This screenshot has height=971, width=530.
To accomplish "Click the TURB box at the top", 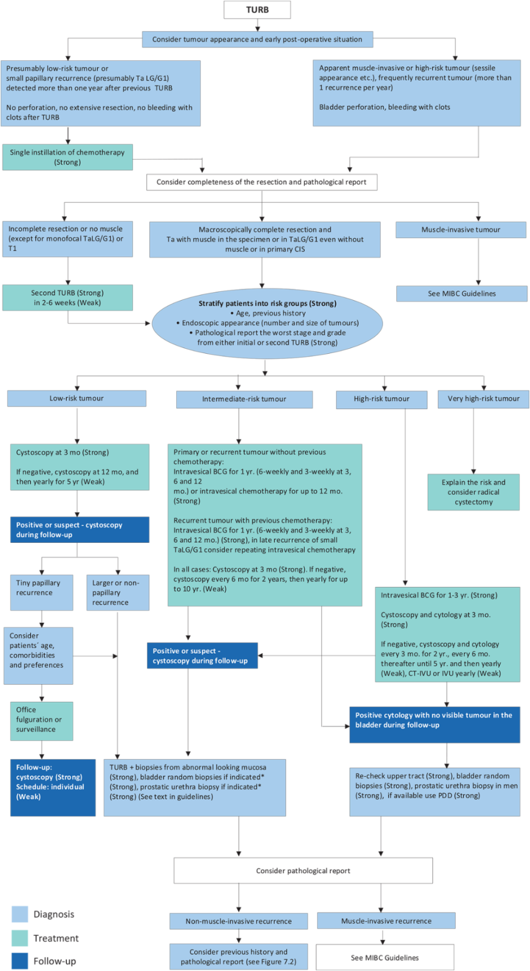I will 257,10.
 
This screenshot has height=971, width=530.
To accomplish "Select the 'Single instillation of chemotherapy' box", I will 67,158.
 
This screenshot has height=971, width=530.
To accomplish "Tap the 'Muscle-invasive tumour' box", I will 460,230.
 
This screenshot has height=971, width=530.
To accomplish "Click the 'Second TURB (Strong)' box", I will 67,298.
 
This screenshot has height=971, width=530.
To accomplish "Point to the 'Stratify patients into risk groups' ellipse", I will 267,323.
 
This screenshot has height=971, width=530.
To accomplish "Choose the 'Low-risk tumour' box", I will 77,398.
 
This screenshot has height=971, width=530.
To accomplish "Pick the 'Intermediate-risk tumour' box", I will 244,399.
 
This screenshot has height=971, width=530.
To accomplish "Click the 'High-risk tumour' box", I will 381,399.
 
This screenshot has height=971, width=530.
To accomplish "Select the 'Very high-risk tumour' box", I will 483,398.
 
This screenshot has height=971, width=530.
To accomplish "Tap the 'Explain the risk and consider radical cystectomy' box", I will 473,492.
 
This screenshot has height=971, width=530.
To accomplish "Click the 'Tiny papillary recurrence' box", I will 41,592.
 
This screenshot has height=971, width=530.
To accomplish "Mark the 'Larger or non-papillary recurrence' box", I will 118,592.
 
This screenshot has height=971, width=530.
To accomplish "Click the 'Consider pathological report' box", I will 303,870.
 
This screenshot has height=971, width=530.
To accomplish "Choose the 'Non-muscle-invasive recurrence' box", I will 239,921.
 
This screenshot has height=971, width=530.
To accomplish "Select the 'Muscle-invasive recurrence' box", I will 386,921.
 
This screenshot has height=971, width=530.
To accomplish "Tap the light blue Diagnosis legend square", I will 20,914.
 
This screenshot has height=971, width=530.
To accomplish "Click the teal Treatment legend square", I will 20,938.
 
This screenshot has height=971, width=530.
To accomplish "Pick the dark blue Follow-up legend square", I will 20,961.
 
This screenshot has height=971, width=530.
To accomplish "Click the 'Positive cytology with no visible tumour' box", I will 434,725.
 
